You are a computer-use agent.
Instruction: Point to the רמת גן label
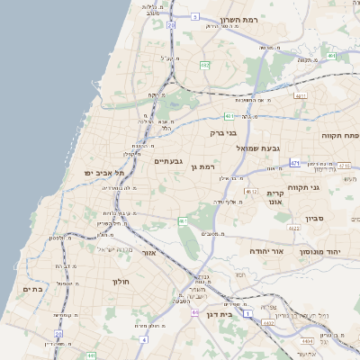205,166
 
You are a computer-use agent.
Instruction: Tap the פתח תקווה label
340,134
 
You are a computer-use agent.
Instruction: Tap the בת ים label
33,289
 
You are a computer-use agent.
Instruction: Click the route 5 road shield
194,16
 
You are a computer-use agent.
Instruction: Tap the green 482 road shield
205,65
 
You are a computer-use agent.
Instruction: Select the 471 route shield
294,163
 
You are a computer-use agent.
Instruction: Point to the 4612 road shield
251,191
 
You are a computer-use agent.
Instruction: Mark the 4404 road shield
308,341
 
